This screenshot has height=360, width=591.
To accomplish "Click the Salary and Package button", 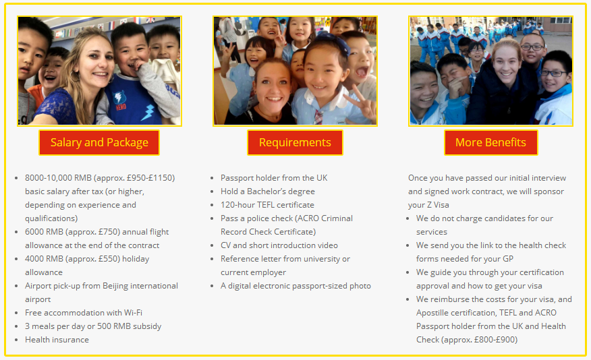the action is click(x=99, y=143).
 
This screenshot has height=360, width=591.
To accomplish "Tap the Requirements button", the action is click(x=295, y=143).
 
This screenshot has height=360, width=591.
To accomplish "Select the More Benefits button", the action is click(x=490, y=143).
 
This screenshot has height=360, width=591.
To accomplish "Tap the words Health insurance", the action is click(x=57, y=340).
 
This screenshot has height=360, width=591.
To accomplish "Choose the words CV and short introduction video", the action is click(x=279, y=245).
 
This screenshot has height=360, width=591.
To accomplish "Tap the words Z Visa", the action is click(x=438, y=205).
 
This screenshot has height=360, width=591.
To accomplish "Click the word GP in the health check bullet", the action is click(x=508, y=259).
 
